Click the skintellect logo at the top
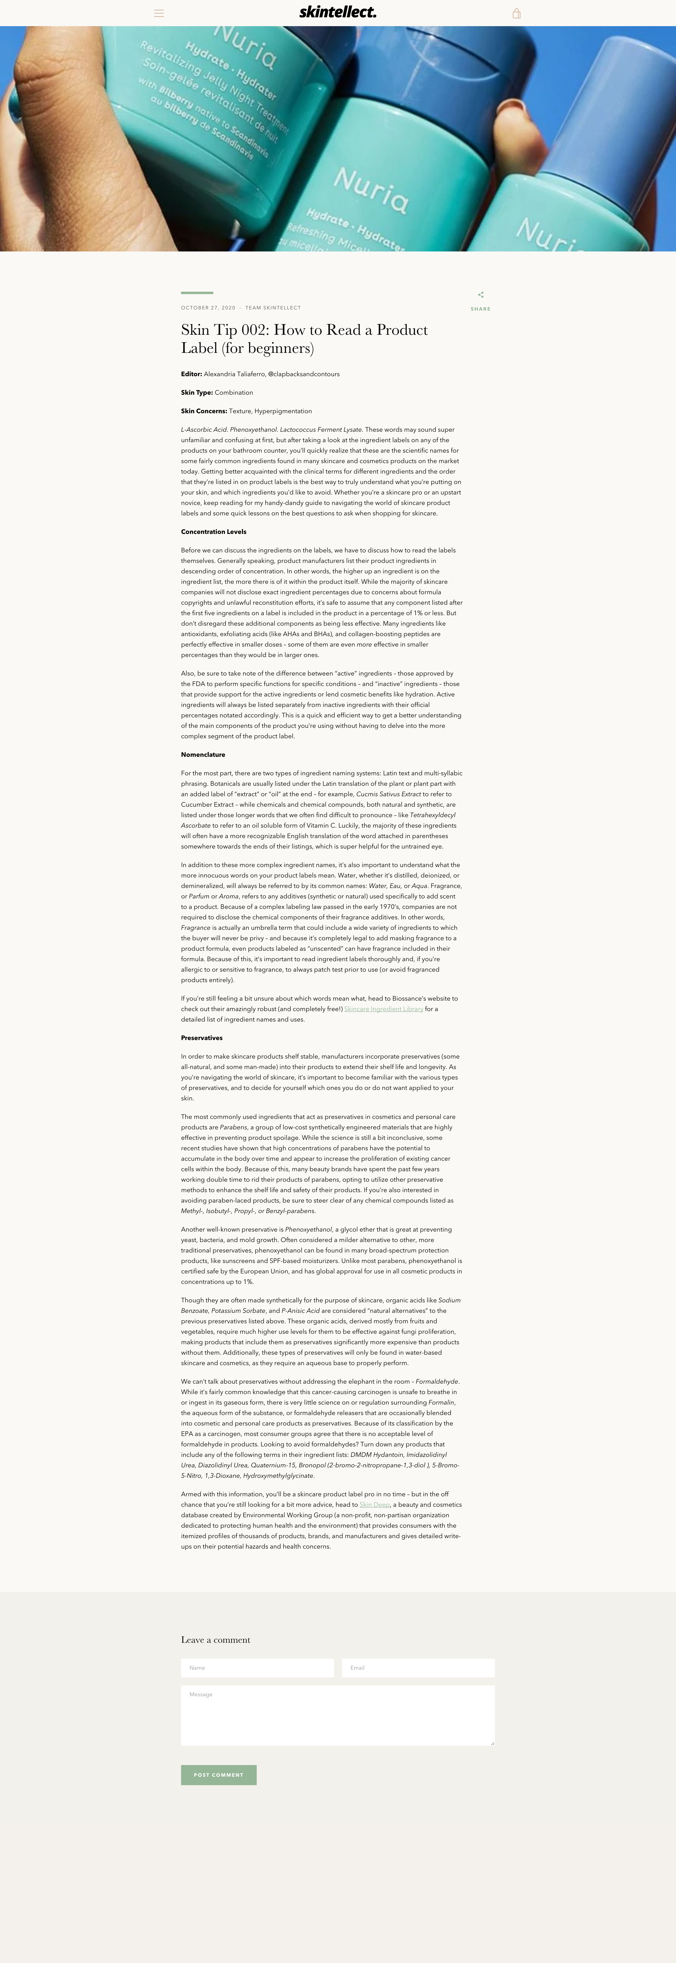338,12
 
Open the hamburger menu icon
159,13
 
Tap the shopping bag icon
516,13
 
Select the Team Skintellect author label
273,308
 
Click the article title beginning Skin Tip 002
304,338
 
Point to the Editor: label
191,374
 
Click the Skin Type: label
197,392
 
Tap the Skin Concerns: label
203,411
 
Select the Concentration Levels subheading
213,532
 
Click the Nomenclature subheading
203,754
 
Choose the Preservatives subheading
201,1038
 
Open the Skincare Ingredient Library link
383,1009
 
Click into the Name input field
257,1668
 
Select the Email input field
418,1668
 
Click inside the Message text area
338,1715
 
